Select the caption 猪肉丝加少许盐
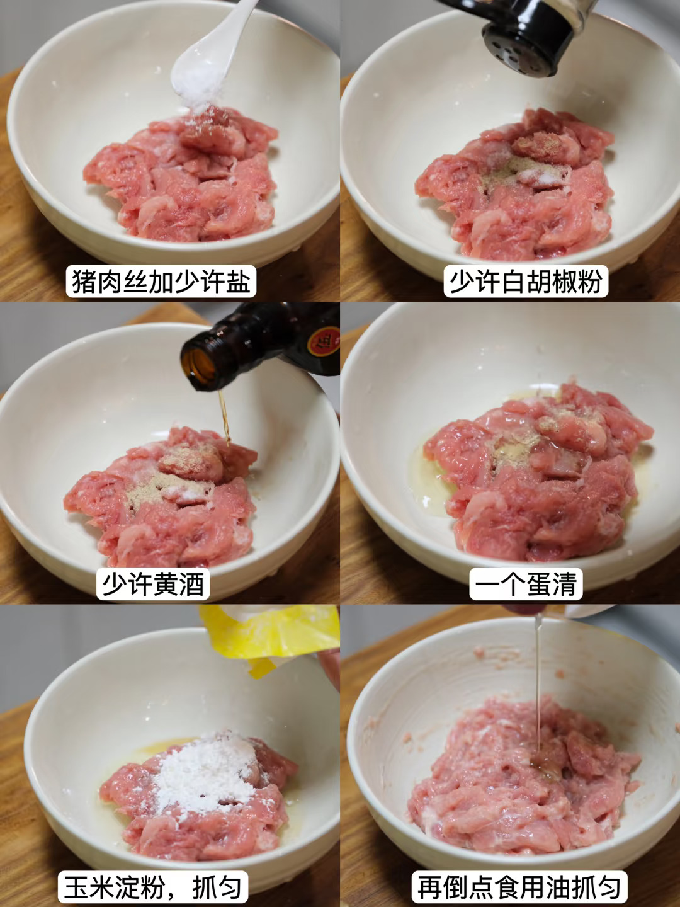(161, 281)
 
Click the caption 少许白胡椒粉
(526, 281)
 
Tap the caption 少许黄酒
(153, 585)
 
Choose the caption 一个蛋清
(526, 585)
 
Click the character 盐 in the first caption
(237, 281)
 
